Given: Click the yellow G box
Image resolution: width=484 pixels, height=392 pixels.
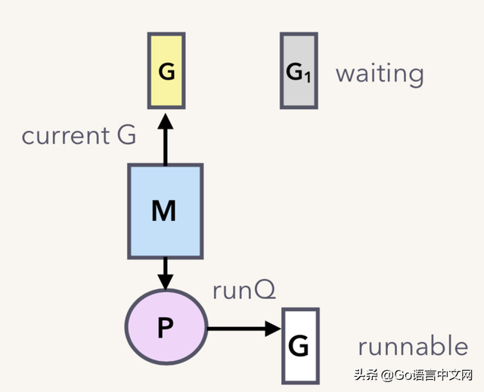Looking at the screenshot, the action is pos(166,70).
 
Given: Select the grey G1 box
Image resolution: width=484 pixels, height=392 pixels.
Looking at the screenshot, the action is pos(299,70).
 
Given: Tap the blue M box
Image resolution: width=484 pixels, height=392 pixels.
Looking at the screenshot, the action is pos(166,211).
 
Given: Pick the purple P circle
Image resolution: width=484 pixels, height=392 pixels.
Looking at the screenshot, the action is pos(166,327).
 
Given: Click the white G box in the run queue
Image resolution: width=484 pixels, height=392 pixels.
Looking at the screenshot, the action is pos(300,346).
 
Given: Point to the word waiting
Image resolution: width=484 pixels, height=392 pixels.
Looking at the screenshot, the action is pos(380,74).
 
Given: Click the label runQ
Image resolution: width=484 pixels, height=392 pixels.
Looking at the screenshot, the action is pos(244,291).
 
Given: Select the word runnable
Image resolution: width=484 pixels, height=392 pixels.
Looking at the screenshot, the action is pos(413,345).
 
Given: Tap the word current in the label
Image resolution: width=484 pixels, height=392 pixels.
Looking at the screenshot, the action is pos(66,135).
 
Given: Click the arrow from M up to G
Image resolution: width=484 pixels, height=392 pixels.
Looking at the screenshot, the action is pos(166,139).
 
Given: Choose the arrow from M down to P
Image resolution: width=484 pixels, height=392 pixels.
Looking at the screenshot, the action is pos(166,274).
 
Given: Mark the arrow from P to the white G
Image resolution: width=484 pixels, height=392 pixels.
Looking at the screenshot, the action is pos(244,328).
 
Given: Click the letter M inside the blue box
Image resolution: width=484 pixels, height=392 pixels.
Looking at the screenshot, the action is pos(164,210).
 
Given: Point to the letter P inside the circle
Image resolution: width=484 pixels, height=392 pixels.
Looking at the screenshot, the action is pos(166,328).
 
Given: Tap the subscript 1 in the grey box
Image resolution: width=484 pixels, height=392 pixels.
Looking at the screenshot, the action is pos(308,77).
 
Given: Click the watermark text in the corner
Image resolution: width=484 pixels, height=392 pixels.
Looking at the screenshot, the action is pos(414,375).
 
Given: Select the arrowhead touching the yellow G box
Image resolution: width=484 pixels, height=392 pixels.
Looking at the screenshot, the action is pos(166,121).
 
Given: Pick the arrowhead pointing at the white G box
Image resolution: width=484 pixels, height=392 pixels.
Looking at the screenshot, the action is pos(274,328).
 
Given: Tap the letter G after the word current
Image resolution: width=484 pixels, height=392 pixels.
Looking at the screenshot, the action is pos(126,135).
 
